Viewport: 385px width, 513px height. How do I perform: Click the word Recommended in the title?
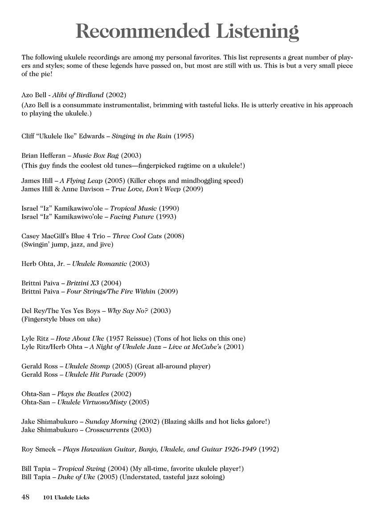click(142, 32)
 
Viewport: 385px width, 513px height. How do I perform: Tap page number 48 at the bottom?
click(25, 497)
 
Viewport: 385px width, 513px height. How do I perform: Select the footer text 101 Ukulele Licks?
click(66, 497)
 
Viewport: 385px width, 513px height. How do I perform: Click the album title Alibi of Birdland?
click(78, 95)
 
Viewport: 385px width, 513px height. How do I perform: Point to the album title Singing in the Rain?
click(141, 136)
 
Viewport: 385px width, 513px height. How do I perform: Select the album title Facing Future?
click(132, 216)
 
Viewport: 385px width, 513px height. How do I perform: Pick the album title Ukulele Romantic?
click(99, 264)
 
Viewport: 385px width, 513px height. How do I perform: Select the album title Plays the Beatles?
click(82, 394)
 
